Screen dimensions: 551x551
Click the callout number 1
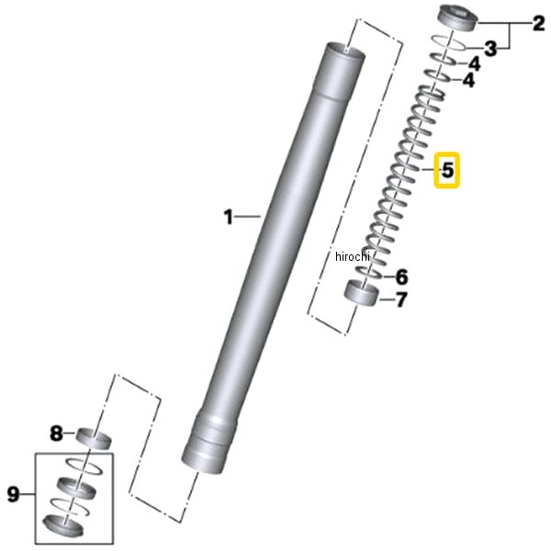pos(229,217)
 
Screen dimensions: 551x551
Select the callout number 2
pos(539,24)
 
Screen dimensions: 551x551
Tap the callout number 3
pos(490,49)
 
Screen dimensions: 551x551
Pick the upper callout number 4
pos(475,64)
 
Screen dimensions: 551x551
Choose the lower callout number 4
pos(468,81)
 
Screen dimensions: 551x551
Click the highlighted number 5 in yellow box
pos(447,170)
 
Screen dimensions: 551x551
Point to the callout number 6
pos(402,277)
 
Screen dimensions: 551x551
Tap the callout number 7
pos(401,299)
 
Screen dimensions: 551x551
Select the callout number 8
pos(56,433)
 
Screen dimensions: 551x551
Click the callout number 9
pos(14,494)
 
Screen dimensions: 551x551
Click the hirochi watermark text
pos(353,256)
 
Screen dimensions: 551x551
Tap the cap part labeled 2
pos(458,18)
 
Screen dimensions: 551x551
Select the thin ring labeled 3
pos(449,42)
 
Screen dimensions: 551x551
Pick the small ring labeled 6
pos(369,272)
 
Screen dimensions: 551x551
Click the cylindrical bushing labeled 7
pos(362,293)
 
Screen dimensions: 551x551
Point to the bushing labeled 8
pos(94,438)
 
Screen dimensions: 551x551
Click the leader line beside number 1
pos(247,217)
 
